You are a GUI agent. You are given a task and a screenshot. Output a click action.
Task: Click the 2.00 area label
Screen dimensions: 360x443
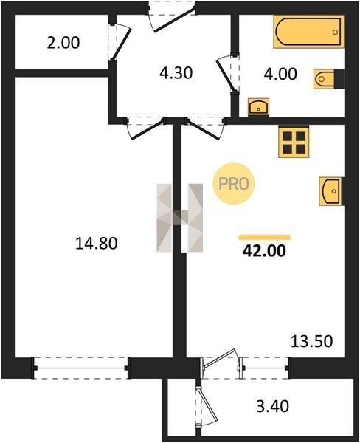(x=63, y=43)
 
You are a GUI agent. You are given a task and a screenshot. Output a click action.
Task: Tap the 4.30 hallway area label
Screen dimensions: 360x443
(x=176, y=73)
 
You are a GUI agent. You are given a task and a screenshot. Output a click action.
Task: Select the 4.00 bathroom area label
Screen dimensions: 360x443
(x=280, y=74)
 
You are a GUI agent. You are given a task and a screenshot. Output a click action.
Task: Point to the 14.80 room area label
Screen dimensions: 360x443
(x=97, y=243)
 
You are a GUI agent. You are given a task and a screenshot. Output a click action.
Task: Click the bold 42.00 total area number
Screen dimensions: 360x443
(x=264, y=250)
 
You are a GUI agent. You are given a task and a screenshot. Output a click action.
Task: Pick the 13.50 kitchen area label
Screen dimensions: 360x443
(x=312, y=341)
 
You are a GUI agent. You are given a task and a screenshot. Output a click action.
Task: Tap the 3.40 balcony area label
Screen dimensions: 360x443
(x=273, y=406)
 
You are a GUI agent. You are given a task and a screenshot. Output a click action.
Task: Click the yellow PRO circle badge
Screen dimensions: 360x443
(x=234, y=183)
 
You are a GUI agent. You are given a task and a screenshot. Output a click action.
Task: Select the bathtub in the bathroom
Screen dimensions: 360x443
(x=309, y=32)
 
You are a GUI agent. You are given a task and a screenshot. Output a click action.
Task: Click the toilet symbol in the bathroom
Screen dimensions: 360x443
(x=329, y=79)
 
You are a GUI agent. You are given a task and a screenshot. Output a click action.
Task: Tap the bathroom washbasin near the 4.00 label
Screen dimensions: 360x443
(x=258, y=107)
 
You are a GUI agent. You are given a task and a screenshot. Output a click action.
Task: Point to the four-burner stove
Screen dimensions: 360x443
(x=294, y=142)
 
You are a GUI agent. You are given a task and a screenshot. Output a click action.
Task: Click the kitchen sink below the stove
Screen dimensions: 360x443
(x=331, y=191)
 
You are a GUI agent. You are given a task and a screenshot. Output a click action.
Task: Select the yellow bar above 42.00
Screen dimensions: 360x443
(x=265, y=237)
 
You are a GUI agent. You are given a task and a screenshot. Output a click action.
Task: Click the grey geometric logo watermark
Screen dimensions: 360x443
(x=180, y=218)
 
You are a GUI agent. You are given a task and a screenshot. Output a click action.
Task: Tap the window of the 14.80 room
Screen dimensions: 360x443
(x=81, y=368)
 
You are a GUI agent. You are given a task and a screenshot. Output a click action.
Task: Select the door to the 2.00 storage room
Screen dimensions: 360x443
(x=120, y=41)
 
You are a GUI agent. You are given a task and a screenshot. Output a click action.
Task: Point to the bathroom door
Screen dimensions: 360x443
(x=227, y=74)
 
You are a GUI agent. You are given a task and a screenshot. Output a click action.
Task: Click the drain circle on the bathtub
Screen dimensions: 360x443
(x=335, y=32)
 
